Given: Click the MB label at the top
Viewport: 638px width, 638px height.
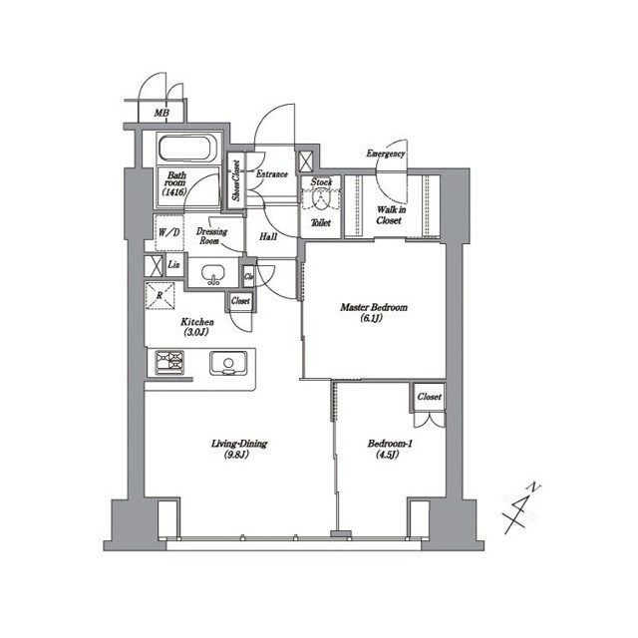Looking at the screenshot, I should tap(161, 114).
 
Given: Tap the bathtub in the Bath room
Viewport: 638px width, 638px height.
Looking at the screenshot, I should tap(186, 150).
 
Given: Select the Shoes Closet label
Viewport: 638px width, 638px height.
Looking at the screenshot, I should tap(236, 181).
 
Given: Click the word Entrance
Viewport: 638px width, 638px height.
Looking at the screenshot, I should tap(272, 174).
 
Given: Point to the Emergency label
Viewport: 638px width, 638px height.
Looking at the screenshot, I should tap(385, 155).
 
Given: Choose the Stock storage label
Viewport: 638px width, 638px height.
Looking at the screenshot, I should tap(320, 183).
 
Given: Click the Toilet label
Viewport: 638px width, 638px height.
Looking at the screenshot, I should tap(321, 223).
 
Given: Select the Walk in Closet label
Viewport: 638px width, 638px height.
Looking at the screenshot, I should tap(389, 214).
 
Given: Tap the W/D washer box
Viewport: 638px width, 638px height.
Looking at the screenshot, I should tap(168, 233).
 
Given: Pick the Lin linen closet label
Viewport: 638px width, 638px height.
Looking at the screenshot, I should tap(173, 264).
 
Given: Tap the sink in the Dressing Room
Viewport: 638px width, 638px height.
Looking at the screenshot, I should tap(211, 274).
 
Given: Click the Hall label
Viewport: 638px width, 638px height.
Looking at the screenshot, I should tap(268, 237).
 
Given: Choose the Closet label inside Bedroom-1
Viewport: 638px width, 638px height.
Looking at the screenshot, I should tap(429, 397).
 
